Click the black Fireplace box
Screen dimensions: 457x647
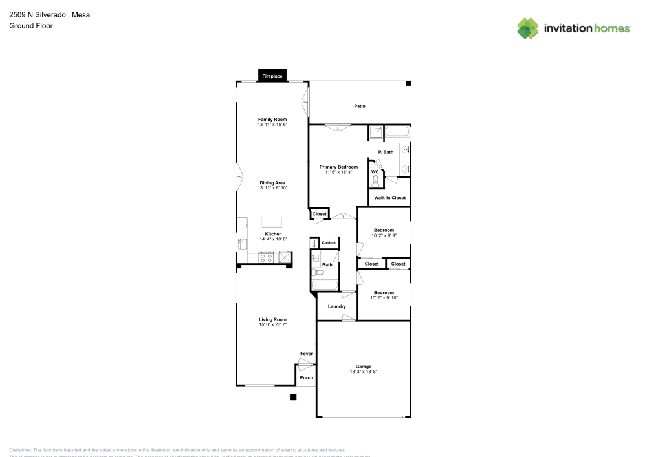(x=272, y=76)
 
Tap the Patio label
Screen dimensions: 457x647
(x=360, y=106)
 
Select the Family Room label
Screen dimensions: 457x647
(x=272, y=120)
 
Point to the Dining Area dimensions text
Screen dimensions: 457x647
(x=272, y=188)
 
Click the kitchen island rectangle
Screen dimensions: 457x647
(x=272, y=221)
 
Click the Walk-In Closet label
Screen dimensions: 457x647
(x=389, y=198)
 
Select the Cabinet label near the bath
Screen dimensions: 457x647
(x=329, y=242)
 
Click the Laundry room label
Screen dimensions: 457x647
(x=337, y=306)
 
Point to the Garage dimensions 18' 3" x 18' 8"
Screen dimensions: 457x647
(x=363, y=372)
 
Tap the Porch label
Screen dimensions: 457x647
(x=306, y=378)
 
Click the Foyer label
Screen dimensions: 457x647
(x=306, y=354)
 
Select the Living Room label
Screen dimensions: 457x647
(x=272, y=319)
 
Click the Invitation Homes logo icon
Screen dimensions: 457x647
(x=527, y=28)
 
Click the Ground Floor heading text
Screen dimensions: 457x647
(x=31, y=26)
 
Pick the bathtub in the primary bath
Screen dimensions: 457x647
(x=397, y=133)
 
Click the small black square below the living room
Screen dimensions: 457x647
(x=293, y=397)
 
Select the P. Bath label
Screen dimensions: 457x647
(x=386, y=152)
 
